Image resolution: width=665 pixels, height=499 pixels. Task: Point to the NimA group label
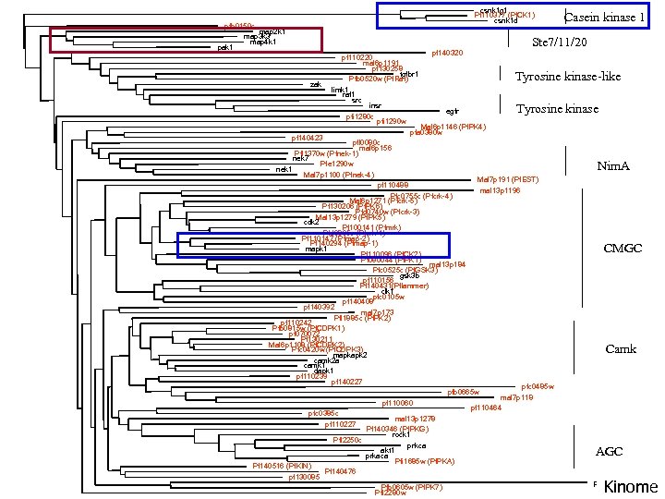(613, 166)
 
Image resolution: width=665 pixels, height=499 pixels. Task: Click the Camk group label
(620, 348)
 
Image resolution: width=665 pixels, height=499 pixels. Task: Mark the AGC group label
(610, 451)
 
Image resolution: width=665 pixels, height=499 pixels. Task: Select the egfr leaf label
(452, 112)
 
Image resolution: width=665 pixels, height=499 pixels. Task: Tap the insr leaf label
(375, 105)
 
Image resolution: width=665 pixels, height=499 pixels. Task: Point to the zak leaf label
(316, 84)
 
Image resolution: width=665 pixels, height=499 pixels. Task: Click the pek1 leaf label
(224, 47)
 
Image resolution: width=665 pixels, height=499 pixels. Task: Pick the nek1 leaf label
(284, 170)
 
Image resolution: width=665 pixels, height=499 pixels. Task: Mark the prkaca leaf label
(376, 456)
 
